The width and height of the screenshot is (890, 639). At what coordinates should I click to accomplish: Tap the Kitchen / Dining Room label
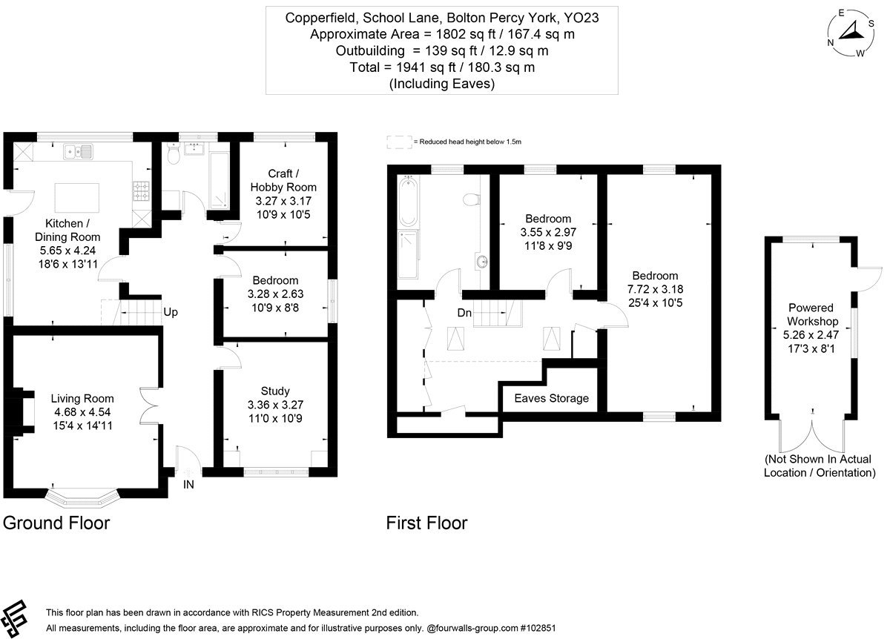click(x=67, y=230)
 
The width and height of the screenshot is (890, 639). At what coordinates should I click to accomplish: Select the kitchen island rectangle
click(x=76, y=198)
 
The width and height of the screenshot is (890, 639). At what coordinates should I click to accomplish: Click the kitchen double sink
click(x=78, y=151)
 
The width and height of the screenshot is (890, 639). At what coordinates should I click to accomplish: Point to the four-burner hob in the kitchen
click(x=141, y=191)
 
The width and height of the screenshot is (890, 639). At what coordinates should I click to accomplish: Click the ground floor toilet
click(x=174, y=152)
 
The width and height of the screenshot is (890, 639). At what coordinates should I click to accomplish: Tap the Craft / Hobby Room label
click(x=283, y=180)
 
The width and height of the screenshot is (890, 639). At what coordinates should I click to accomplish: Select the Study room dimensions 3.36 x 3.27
click(x=275, y=405)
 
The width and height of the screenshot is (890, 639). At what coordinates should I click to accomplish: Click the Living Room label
click(x=82, y=398)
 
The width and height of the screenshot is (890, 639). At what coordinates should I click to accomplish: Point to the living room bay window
click(x=82, y=498)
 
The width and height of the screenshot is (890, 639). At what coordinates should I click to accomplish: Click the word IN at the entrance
click(x=188, y=485)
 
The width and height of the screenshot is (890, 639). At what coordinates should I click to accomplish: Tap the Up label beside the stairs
click(x=171, y=312)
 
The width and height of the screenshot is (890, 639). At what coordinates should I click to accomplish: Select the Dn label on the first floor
click(x=464, y=313)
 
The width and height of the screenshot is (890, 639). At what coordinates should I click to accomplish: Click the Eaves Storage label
click(x=552, y=398)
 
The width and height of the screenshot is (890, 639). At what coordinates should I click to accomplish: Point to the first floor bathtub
click(x=408, y=202)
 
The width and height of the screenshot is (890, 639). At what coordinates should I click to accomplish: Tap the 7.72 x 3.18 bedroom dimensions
click(x=655, y=289)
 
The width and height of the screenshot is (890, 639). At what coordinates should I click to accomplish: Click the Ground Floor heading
click(x=56, y=523)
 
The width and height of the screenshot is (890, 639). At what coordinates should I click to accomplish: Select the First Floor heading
click(x=426, y=523)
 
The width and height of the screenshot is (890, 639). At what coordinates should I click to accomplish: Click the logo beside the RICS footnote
click(x=14, y=619)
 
